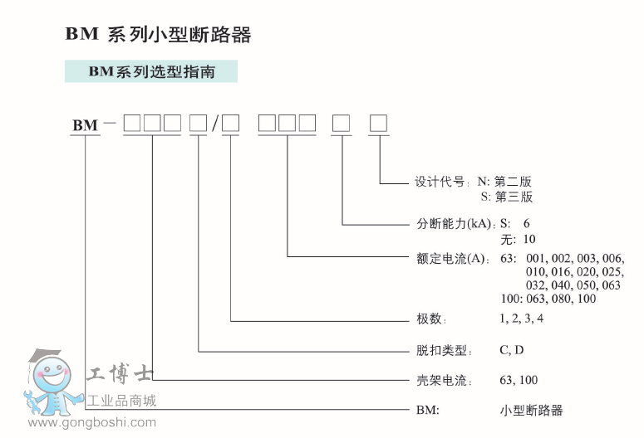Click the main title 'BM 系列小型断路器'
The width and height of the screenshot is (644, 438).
(158, 35)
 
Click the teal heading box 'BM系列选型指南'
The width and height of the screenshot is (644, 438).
(151, 71)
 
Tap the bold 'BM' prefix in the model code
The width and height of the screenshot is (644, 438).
(86, 125)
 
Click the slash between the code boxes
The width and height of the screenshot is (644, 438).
(214, 124)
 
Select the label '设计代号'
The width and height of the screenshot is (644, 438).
(440, 182)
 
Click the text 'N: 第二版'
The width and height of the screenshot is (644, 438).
(504, 182)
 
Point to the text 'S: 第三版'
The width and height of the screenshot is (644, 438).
(507, 197)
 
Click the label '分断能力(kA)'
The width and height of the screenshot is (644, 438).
(455, 223)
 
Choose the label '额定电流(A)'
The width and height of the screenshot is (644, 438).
(451, 258)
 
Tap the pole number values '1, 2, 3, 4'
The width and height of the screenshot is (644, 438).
(521, 319)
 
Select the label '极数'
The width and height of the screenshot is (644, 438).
(429, 319)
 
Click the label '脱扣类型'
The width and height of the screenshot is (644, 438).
(441, 350)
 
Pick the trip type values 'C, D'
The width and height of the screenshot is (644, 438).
(511, 350)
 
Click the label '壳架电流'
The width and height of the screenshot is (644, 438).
(441, 380)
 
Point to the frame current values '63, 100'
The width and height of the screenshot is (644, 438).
(519, 380)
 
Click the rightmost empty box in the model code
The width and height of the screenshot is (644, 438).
(378, 123)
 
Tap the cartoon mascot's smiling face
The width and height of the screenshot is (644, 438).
(52, 374)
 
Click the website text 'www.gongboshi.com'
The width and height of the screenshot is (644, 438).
(92, 422)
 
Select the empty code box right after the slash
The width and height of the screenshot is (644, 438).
(230, 123)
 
